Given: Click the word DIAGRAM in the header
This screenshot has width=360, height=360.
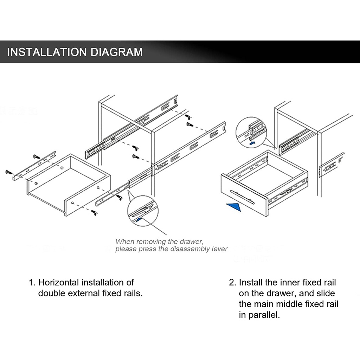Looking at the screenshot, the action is pos(117,52).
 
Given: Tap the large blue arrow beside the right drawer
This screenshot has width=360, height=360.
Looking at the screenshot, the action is pos(233,207).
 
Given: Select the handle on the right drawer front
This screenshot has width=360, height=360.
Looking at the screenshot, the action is pos(242,197).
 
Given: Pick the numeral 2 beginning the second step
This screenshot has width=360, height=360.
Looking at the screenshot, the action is pos(232,282).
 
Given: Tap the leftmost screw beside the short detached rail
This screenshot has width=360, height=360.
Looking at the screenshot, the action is pos(9,172).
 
